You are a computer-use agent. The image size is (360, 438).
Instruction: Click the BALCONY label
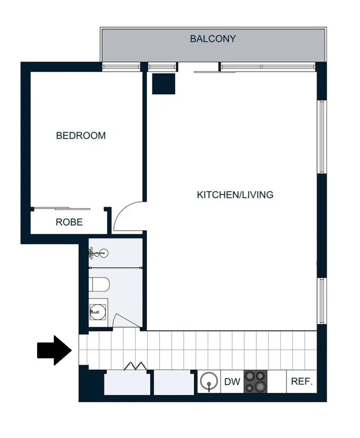coord(213,39)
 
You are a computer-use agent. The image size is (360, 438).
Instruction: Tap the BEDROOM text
coord(81,136)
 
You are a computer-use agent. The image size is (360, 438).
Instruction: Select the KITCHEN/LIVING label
coord(235,194)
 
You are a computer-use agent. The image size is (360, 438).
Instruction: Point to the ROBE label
coord(69,222)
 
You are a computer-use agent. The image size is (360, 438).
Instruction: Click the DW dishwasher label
coord(232,382)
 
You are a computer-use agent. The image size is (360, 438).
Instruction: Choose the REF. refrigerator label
coord(302,382)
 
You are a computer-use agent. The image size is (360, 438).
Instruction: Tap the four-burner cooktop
coord(255,382)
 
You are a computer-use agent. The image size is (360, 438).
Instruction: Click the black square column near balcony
coord(163,84)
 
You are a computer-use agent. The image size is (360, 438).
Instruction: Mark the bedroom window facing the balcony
coord(121,67)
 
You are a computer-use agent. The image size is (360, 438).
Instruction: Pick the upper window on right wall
coord(321,137)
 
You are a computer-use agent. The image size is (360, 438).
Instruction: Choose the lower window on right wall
coord(321,300)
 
